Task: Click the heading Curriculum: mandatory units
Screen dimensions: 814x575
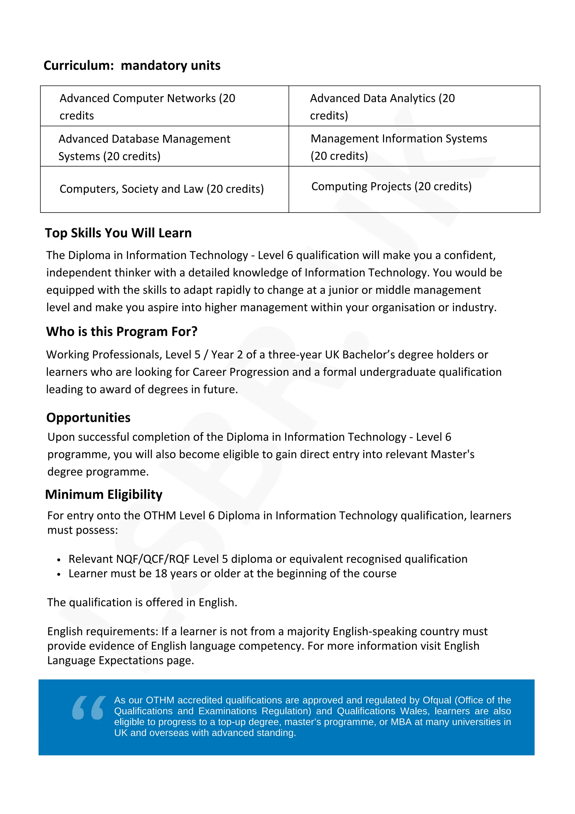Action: point(132,66)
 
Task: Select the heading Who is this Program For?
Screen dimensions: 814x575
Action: point(122,332)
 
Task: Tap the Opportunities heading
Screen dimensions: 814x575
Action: point(88,418)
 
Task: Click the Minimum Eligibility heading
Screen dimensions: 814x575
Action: point(104,494)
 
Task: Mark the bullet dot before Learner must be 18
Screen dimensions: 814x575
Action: point(59,574)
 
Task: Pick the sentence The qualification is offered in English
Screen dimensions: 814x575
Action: point(142,603)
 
